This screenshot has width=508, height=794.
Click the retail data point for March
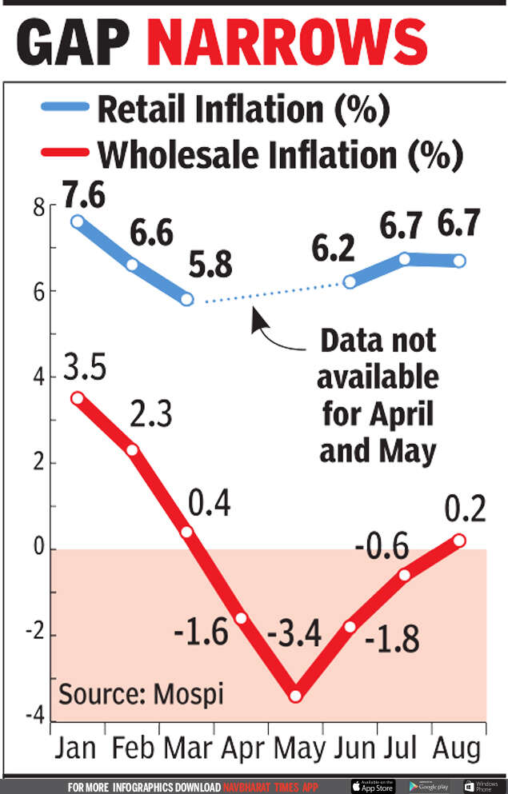[x=187, y=299]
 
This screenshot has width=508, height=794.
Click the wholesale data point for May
[x=295, y=696]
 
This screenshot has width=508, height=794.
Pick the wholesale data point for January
[x=77, y=397]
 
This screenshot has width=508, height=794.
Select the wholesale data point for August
[x=459, y=541]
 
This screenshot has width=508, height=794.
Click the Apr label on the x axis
[x=240, y=749]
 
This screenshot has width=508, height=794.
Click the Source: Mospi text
[x=141, y=692]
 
